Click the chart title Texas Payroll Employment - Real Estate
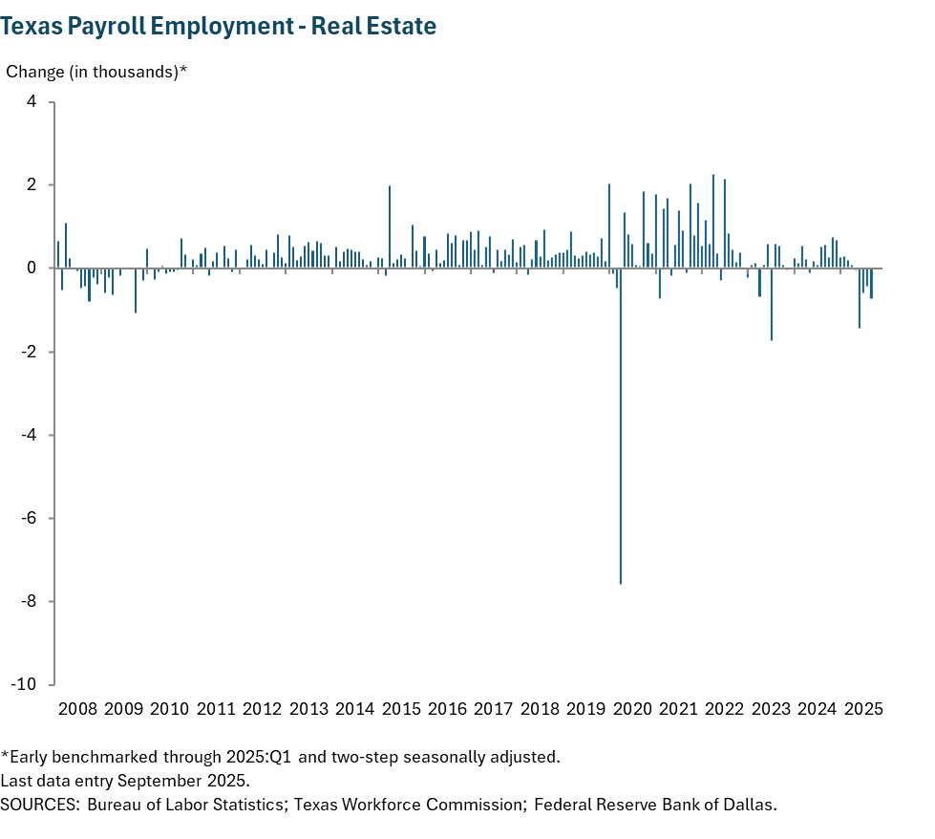[219, 27]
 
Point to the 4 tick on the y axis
[32, 101]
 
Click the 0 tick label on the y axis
[32, 269]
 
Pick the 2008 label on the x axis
[77, 709]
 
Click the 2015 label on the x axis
[401, 709]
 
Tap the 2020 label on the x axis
[632, 709]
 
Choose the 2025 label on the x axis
[863, 709]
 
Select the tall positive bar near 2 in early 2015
[390, 227]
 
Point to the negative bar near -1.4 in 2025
[860, 298]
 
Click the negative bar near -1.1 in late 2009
[136, 290]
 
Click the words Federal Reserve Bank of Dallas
[655, 804]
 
